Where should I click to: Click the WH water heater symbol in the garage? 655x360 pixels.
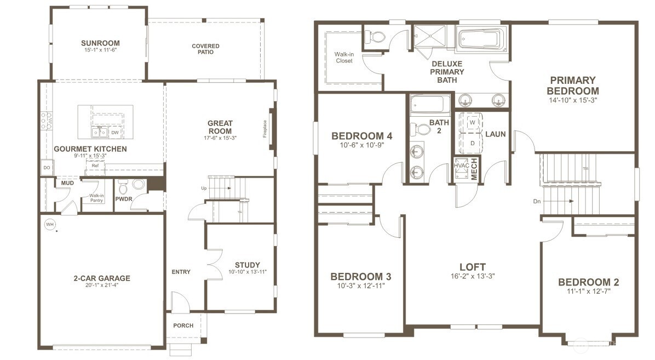[x=49, y=224]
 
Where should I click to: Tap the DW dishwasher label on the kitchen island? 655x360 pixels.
[x=114, y=133]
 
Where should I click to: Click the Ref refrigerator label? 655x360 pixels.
[x=95, y=165]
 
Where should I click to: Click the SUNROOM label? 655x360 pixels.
[x=100, y=43]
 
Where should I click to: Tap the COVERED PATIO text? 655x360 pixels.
[x=205, y=49]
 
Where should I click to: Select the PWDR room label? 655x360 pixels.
[x=123, y=200]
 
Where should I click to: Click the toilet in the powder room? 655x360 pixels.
[x=123, y=187]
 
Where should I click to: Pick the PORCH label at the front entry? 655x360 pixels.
[x=183, y=325]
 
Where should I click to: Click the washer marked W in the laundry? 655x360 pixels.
[x=472, y=123]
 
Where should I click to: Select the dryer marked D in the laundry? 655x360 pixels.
[x=472, y=142]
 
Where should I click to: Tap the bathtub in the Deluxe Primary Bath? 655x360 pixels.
[x=479, y=40]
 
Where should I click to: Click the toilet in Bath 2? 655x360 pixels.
[x=422, y=130]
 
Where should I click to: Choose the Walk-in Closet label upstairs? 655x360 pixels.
[x=343, y=58]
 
